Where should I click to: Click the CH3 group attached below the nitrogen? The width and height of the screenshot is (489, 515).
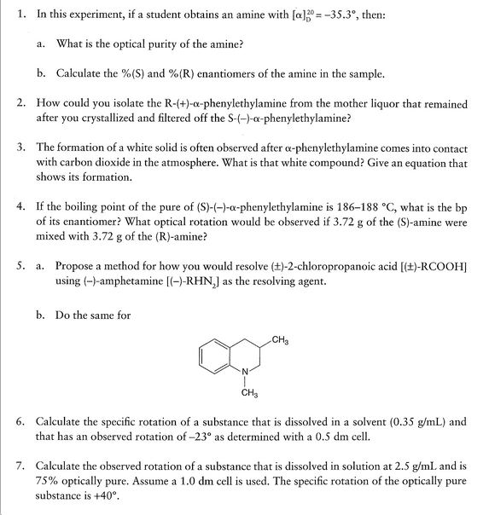(248, 394)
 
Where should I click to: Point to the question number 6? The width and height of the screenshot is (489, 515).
(20, 422)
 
